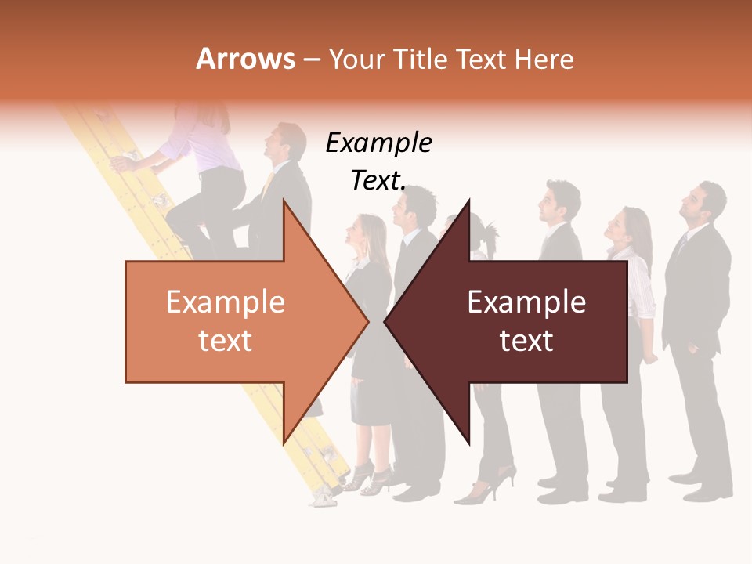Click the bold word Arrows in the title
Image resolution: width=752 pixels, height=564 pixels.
tap(246, 59)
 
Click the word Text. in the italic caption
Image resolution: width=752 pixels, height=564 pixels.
tap(378, 181)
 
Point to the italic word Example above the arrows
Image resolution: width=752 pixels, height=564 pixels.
tap(378, 143)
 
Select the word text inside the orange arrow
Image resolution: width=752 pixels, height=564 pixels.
tap(225, 341)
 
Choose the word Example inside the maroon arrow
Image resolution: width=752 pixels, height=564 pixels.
tap(526, 302)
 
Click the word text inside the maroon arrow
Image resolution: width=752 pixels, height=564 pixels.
tap(526, 341)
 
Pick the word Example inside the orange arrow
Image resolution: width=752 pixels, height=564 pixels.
tap(225, 302)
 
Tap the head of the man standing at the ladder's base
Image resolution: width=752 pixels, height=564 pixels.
tap(287, 141)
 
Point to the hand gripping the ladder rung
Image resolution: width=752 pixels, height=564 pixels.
tap(122, 163)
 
